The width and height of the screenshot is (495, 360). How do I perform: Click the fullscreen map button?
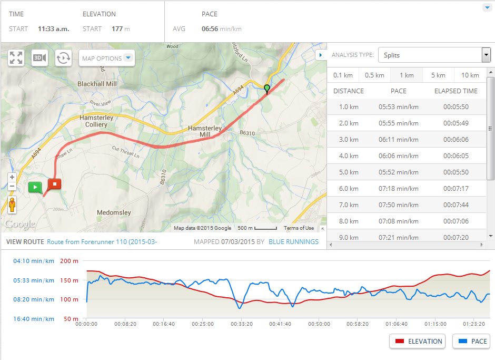[16, 58]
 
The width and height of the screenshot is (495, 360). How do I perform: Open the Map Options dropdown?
[107, 59]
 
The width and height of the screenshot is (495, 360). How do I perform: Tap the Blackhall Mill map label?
[97, 84]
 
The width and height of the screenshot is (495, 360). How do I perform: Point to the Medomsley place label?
[114, 213]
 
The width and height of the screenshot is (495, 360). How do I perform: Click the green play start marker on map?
[35, 187]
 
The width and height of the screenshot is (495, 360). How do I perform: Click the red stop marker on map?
[54, 184]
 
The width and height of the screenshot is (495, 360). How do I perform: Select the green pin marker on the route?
[267, 88]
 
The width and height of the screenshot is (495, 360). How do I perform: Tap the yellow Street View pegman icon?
[12, 205]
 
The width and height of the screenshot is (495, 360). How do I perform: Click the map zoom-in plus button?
[12, 178]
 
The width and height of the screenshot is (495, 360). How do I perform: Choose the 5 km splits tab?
[438, 75]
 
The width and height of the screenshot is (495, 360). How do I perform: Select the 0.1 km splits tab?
[343, 75]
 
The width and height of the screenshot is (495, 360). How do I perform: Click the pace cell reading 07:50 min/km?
[398, 205]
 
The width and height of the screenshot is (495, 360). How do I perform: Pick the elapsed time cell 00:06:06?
[456, 140]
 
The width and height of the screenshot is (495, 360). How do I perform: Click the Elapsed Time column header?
[456, 91]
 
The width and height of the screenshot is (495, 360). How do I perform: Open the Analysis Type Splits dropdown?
[434, 55]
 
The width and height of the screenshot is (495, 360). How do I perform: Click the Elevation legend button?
[418, 341]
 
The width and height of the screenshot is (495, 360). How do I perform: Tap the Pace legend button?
[471, 341]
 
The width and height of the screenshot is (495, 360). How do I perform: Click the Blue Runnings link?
[293, 242]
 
